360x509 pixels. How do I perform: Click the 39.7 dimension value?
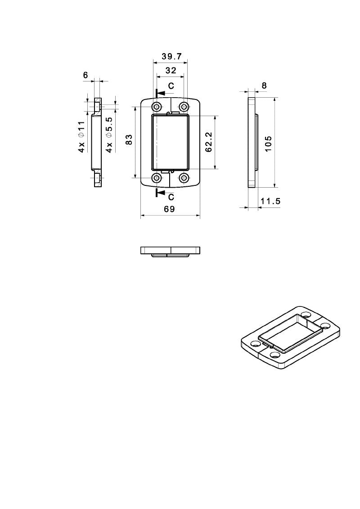pyautogui.click(x=171, y=57)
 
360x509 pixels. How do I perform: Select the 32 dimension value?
pyautogui.click(x=171, y=71)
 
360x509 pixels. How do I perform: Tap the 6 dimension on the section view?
pyautogui.click(x=85, y=76)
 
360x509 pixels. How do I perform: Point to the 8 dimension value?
pyautogui.click(x=264, y=86)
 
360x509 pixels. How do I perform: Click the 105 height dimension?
pyautogui.click(x=269, y=144)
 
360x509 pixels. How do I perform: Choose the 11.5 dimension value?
pyautogui.click(x=270, y=201)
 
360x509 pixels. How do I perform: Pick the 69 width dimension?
pyautogui.click(x=169, y=209)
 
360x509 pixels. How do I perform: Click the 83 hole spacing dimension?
pyautogui.click(x=129, y=140)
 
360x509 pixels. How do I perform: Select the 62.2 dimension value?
pyautogui.click(x=209, y=141)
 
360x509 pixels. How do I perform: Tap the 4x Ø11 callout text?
pyautogui.click(x=81, y=136)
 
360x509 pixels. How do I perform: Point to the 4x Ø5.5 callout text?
pyautogui.click(x=109, y=135)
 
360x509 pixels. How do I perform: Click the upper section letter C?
pyautogui.click(x=171, y=86)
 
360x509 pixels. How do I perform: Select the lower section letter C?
pyautogui.click(x=171, y=197)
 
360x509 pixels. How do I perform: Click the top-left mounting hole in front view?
pyautogui.click(x=157, y=107)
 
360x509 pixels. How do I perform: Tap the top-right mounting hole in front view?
pyautogui.click(x=184, y=107)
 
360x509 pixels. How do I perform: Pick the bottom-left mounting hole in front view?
pyautogui.click(x=157, y=178)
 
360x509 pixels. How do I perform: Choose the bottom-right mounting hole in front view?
pyautogui.click(x=184, y=178)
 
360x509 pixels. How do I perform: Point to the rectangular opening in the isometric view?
pyautogui.click(x=290, y=333)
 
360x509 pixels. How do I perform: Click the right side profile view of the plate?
pyautogui.click(x=252, y=142)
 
